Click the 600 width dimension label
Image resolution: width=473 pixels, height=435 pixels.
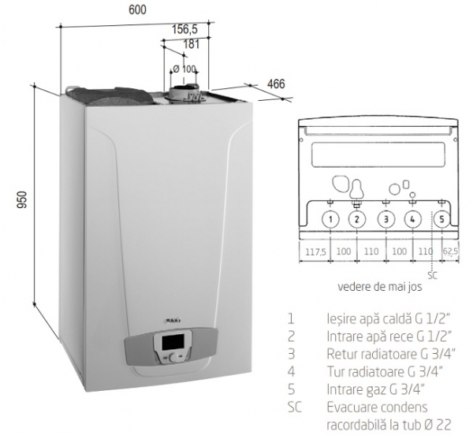(137, 9)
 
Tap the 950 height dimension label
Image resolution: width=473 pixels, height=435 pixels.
(22, 199)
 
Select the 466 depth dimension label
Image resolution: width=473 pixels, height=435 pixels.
(276, 84)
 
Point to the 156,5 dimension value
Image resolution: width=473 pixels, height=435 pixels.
(184, 29)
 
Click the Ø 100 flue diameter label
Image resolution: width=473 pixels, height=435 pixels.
(184, 69)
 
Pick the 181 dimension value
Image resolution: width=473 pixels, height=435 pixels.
(192, 44)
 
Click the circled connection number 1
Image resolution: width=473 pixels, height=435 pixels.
(330, 219)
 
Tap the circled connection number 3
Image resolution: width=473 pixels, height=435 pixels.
(386, 219)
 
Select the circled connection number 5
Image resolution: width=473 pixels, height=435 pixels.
(442, 219)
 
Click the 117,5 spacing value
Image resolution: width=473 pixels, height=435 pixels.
(315, 251)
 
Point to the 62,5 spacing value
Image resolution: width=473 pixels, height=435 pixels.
(450, 251)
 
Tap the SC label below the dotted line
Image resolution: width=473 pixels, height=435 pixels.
(433, 275)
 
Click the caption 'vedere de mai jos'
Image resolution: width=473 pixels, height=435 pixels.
(380, 286)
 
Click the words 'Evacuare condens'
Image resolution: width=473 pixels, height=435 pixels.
(378, 407)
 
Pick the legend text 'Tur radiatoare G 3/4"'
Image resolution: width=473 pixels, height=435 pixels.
(385, 372)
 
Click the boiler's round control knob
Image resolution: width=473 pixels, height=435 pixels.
(174, 358)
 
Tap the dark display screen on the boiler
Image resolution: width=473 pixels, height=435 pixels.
(173, 342)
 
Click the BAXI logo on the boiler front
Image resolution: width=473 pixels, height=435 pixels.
(173, 320)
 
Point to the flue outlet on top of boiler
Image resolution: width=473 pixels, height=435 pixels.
(184, 91)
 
